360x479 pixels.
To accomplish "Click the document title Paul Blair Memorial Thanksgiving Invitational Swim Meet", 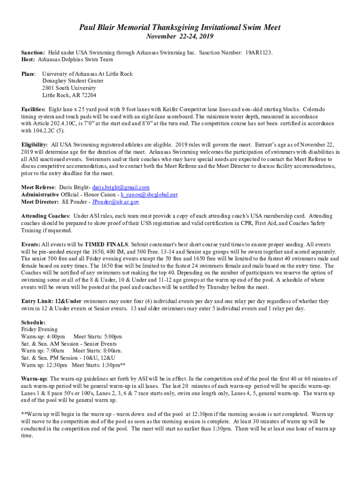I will click(x=180, y=28).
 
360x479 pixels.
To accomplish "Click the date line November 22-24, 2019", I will click(x=180, y=37).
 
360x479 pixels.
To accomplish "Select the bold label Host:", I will click(x=29, y=60).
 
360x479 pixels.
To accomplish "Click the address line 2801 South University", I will click(x=69, y=88).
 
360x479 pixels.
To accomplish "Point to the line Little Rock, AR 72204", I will click(x=69, y=95).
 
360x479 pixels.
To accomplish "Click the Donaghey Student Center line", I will click(x=73, y=81).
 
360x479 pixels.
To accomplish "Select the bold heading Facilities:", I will click(x=34, y=109).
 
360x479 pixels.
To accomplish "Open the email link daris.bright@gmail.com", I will click(x=121, y=188).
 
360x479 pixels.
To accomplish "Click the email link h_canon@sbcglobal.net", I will click(x=149, y=195).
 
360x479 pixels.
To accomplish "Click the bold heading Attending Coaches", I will click(x=45, y=216).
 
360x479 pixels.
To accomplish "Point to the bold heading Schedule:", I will click(x=33, y=323).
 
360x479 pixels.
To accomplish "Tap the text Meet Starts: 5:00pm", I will click(x=98, y=337).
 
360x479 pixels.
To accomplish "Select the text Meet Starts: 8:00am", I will click(x=97, y=351).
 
